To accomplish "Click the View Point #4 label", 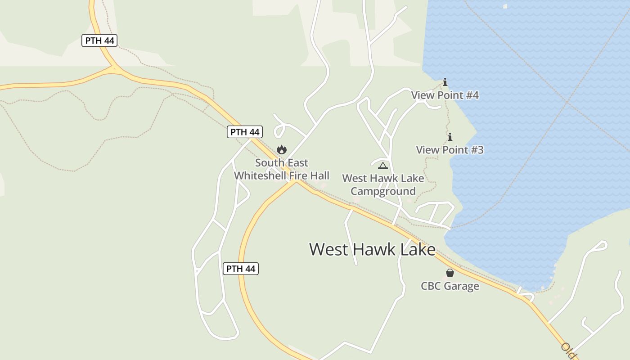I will coord(445,95).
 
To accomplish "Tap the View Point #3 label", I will coord(450,150).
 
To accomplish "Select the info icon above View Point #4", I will coord(445,82).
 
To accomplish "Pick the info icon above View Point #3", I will coord(450,137).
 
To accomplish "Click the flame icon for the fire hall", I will coord(282,149).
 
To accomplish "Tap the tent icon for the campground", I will coord(382,166).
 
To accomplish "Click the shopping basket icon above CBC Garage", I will coord(450,273).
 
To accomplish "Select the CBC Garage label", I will coord(450,286).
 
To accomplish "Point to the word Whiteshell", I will coord(261,175).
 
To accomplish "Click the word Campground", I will coord(383,191).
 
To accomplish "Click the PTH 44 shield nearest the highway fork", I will coord(99,40).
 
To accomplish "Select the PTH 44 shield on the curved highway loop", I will coord(241,269).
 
